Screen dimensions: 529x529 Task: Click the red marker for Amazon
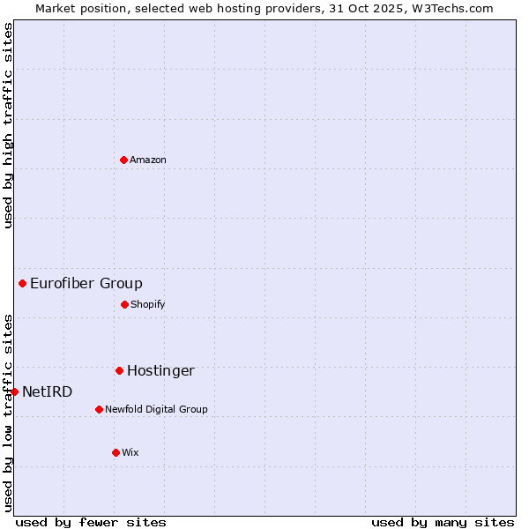tap(123, 160)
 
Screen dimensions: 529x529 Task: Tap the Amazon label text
tap(148, 160)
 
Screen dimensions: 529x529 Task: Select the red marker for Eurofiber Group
tap(22, 283)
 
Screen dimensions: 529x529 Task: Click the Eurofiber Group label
tap(86, 284)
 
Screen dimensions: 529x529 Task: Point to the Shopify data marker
tap(124, 304)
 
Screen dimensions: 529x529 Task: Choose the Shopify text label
tap(148, 305)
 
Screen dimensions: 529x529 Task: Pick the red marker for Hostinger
tap(119, 370)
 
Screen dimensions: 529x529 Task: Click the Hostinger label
tap(160, 371)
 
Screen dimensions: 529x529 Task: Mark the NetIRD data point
tap(14, 391)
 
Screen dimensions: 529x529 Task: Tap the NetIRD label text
tap(48, 392)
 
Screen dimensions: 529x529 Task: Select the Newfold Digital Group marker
tap(99, 409)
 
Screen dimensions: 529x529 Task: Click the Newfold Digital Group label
tap(157, 410)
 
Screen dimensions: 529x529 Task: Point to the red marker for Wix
tap(115, 452)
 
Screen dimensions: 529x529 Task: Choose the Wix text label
tap(130, 453)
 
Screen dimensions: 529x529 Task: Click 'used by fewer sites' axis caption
tap(91, 522)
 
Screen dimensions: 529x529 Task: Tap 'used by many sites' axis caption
tap(443, 522)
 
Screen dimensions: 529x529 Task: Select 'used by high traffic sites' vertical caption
tap(8, 125)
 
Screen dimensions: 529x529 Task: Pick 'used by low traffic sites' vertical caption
tap(8, 412)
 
